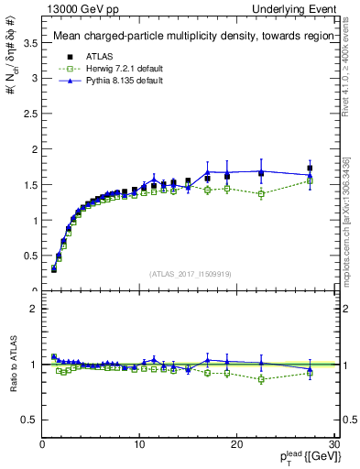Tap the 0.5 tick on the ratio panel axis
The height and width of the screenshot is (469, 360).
[30, 420]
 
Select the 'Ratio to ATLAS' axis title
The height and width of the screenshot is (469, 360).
[12, 365]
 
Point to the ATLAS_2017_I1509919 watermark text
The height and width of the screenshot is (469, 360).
[190, 274]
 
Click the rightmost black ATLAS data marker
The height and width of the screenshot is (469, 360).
[310, 169]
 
